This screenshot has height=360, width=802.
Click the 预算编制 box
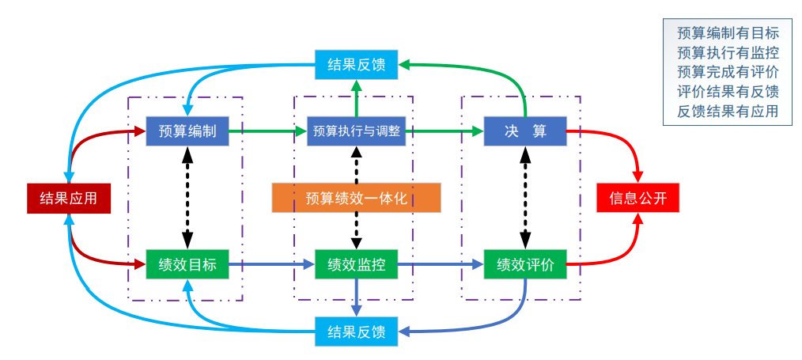click(187, 131)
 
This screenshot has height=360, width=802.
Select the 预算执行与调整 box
click(356, 131)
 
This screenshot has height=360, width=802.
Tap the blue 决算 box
click(525, 131)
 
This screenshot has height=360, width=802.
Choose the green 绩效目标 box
click(187, 264)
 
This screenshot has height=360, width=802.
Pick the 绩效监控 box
click(356, 264)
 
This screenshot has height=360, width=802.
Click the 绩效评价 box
click(525, 264)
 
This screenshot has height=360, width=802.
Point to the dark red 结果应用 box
click(69, 198)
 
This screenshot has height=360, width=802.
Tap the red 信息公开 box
click(637, 198)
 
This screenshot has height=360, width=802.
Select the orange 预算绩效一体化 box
click(356, 198)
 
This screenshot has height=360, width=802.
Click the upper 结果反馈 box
click(356, 65)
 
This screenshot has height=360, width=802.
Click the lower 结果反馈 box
click(356, 332)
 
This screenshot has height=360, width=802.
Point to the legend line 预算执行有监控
click(728, 53)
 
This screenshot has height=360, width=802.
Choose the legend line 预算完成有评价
click(728, 73)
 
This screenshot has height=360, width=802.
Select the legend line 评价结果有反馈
click(728, 92)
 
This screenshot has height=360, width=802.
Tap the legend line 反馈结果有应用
click(728, 112)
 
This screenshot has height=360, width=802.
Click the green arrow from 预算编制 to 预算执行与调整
click(267, 131)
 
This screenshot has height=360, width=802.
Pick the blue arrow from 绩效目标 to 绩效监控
click(271, 264)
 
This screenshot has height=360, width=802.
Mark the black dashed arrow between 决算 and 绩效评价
click(525, 198)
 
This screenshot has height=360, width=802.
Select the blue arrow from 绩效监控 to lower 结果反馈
click(357, 298)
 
